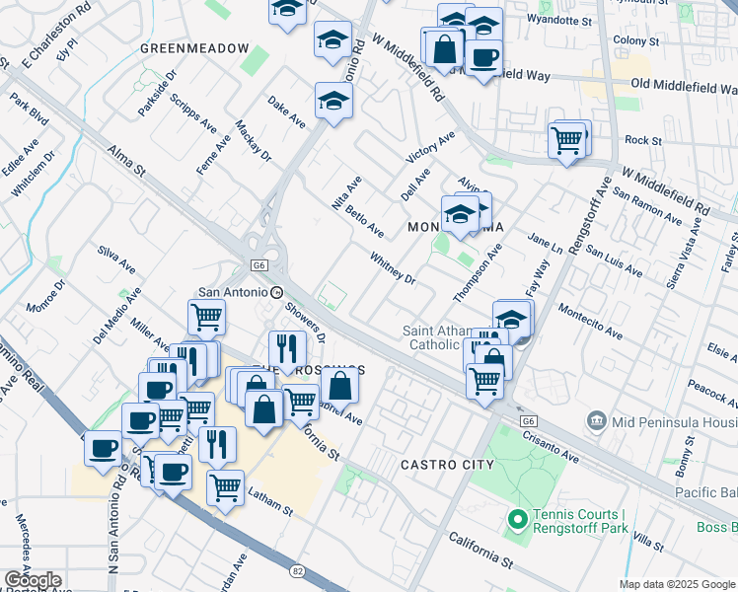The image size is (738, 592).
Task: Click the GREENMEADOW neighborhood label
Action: pyautogui.click(x=194, y=47)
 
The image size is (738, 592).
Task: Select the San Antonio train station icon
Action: pyautogui.click(x=277, y=292)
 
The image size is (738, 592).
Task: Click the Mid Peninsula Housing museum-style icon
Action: pyautogui.click(x=596, y=421)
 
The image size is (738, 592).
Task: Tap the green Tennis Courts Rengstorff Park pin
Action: pyautogui.click(x=515, y=519)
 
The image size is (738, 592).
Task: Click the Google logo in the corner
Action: pyautogui.click(x=33, y=580)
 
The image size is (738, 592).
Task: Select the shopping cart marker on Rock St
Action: pyautogui.click(x=567, y=141)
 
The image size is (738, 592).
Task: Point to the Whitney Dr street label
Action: pyautogui.click(x=393, y=267)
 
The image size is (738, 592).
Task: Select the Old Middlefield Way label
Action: pyautogui.click(x=684, y=86)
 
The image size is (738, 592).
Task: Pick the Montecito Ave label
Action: pyautogui.click(x=589, y=321)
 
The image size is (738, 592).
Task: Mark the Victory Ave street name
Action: pyautogui.click(x=430, y=147)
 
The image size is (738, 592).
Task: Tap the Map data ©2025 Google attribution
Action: pyautogui.click(x=677, y=584)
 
